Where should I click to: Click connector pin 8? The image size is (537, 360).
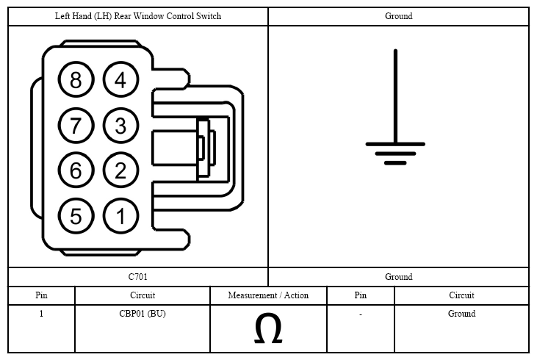[x=76, y=79]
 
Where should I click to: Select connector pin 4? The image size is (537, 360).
[x=120, y=79]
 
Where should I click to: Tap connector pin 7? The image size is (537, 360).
[x=76, y=125]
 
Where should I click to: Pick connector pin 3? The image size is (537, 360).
[x=120, y=125]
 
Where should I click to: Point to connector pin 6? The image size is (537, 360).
[x=76, y=170]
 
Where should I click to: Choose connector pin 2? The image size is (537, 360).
[x=120, y=170]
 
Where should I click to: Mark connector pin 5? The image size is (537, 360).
[x=76, y=216]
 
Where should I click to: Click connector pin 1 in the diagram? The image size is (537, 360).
[x=120, y=216]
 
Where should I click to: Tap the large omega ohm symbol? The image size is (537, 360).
[x=268, y=328]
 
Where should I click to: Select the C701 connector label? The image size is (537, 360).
[x=137, y=276]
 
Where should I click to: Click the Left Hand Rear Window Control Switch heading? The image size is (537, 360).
[x=138, y=16]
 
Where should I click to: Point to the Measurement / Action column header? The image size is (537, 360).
[x=268, y=295]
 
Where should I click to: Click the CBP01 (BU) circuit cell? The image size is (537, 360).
[x=143, y=314]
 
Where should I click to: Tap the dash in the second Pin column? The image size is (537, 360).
[x=360, y=314]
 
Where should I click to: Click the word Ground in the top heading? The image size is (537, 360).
[x=399, y=16]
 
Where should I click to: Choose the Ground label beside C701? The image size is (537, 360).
[x=399, y=276]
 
